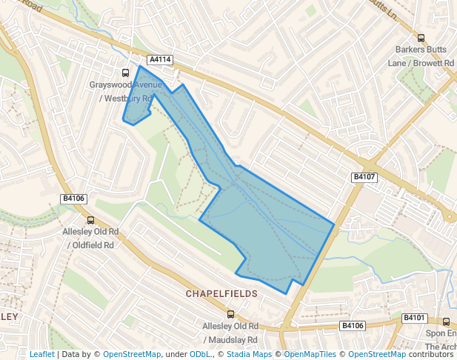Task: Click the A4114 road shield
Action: (160, 59)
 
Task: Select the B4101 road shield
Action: (415, 318)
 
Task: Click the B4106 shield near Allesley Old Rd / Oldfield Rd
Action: (74, 199)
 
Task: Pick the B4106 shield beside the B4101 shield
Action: (353, 326)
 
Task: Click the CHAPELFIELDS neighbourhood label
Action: (221, 294)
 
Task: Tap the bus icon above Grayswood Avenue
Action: (125, 73)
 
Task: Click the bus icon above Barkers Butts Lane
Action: (421, 39)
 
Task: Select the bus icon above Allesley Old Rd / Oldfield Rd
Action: (90, 220)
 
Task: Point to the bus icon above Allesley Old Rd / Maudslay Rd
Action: (230, 314)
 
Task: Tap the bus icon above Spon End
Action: (446, 321)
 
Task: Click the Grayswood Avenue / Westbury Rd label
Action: (121, 91)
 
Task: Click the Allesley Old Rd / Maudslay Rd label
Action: (230, 333)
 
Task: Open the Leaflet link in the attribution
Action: (41, 354)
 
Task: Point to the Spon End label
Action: (440, 333)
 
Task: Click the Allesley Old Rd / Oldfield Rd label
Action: (88, 239)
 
